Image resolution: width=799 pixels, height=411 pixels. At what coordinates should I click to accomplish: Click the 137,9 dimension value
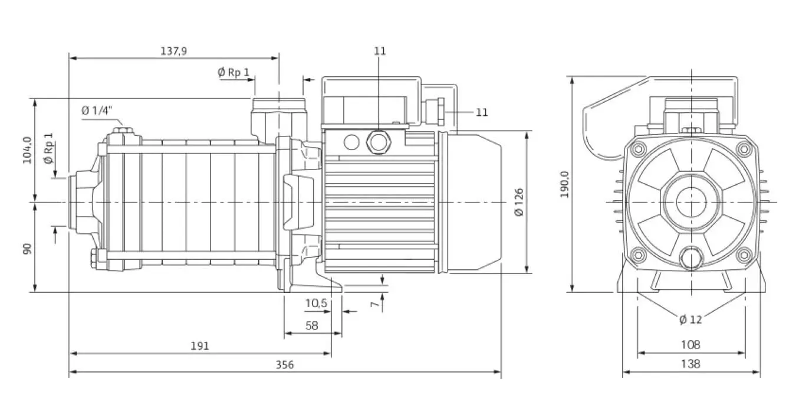pos(173,51)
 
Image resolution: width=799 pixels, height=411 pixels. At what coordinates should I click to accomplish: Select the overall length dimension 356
pos(285,365)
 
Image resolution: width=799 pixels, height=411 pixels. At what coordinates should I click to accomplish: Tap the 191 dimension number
pos(200,346)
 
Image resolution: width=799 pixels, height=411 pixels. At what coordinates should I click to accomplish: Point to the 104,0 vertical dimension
pos(27,150)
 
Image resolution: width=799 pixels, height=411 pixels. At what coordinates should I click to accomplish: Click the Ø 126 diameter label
pos(519,202)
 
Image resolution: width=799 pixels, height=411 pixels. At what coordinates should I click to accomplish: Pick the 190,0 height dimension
pos(564,184)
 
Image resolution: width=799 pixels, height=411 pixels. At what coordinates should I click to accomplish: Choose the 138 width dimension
pos(691,364)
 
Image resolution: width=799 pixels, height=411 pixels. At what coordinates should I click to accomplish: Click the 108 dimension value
pos(691,345)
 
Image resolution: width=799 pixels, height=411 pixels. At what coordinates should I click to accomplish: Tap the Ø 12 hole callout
pos(691,319)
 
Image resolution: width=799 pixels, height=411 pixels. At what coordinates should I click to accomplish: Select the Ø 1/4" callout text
pos(97,110)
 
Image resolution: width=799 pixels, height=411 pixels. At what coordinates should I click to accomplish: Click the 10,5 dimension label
pos(316,303)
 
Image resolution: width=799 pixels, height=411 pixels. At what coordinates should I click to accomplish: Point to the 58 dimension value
pos(312,325)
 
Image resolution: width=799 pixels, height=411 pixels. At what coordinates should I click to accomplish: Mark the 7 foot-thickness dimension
pos(374,304)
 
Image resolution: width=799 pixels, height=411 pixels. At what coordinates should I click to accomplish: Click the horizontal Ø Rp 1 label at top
pos(234,73)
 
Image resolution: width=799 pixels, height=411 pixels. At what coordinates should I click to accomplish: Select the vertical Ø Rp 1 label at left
pos(48,149)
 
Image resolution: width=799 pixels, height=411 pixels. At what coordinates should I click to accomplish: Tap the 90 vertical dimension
pos(27,249)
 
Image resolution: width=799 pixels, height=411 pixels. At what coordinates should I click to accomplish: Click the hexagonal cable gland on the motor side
pos(379,142)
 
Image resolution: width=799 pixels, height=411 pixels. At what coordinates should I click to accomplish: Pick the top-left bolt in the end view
pos(639,149)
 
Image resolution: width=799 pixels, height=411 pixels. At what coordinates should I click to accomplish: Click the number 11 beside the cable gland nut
pos(482,112)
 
